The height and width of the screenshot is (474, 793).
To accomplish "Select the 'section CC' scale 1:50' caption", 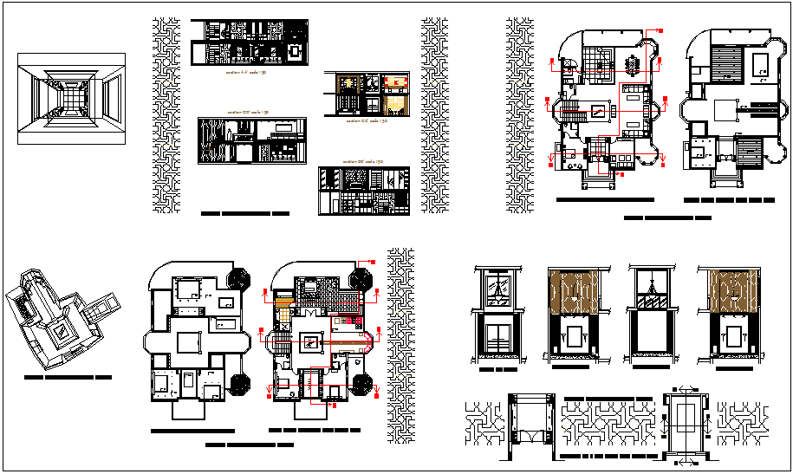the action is tap(366, 121).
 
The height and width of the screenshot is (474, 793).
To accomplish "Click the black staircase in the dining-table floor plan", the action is tap(573, 111).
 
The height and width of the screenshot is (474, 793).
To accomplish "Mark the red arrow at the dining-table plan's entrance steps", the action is tap(621, 172).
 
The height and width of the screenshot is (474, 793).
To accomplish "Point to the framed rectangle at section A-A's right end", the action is tap(294, 52).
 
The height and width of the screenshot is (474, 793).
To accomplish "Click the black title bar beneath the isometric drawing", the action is tap(68, 379).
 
